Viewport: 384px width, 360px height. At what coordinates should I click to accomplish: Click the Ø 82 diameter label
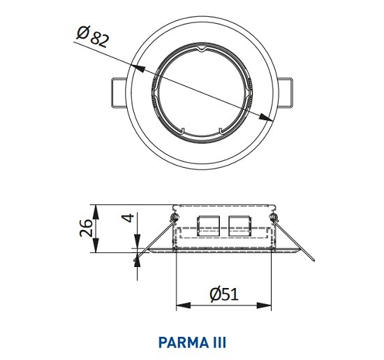pyautogui.click(x=92, y=36)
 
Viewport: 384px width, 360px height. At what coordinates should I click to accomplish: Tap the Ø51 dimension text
pyautogui.click(x=224, y=294)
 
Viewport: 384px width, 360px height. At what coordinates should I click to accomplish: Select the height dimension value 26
pyautogui.click(x=86, y=228)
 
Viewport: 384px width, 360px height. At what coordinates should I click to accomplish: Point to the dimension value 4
pyautogui.click(x=129, y=217)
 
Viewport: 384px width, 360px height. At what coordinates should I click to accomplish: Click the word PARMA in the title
pyautogui.click(x=182, y=343)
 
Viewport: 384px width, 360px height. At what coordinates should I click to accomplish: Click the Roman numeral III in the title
pyautogui.click(x=218, y=343)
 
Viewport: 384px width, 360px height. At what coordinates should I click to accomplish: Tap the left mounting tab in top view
pyautogui.click(x=119, y=93)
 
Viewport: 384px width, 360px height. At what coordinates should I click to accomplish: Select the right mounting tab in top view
pyautogui.click(x=285, y=93)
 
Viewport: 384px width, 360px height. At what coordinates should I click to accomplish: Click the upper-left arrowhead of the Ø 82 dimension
pyautogui.click(x=138, y=69)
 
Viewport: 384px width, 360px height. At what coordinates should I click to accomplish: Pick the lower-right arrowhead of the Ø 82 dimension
pyautogui.click(x=266, y=117)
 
